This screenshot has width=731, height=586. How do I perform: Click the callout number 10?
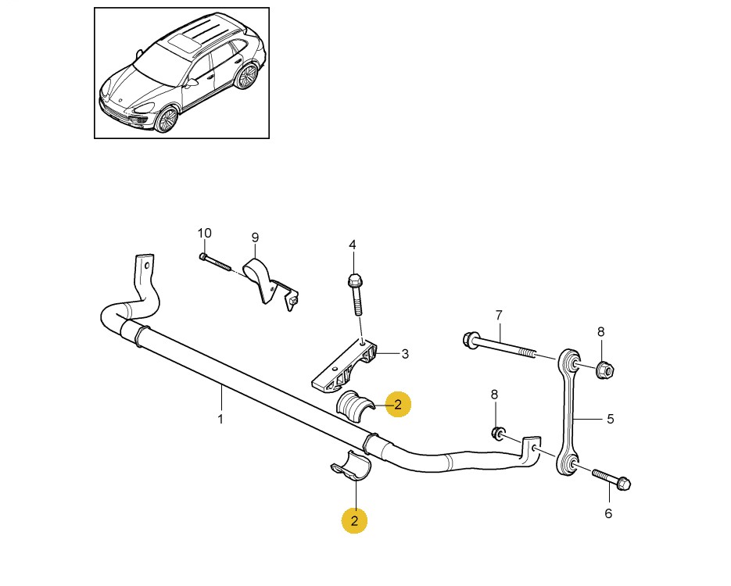pos(204,233)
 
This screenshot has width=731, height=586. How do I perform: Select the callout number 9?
pos(255,238)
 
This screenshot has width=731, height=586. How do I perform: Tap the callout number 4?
pos(353,245)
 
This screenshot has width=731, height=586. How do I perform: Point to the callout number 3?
pos(405,354)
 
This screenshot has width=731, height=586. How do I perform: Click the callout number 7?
pos(499,316)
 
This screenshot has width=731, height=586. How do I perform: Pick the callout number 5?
pos(611,420)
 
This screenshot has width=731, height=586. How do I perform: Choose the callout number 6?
pos(608,513)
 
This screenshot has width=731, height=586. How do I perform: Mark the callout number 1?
pos(220,419)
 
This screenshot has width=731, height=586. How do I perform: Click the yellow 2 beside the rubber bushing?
pos(398,404)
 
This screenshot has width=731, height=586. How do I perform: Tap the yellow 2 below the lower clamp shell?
pos(354,520)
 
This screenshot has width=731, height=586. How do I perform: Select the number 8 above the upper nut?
pos(601,332)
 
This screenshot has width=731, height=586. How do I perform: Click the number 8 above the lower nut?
pos(494,395)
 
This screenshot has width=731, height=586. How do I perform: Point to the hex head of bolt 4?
pos(354,280)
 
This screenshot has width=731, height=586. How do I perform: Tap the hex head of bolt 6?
pos(623,483)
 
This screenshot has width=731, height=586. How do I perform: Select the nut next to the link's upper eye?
pos(604,370)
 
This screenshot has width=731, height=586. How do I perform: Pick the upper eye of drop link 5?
pos(571,360)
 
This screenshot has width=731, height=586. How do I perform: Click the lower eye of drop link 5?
pos(568,464)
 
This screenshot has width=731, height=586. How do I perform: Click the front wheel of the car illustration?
pos(167,120)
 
